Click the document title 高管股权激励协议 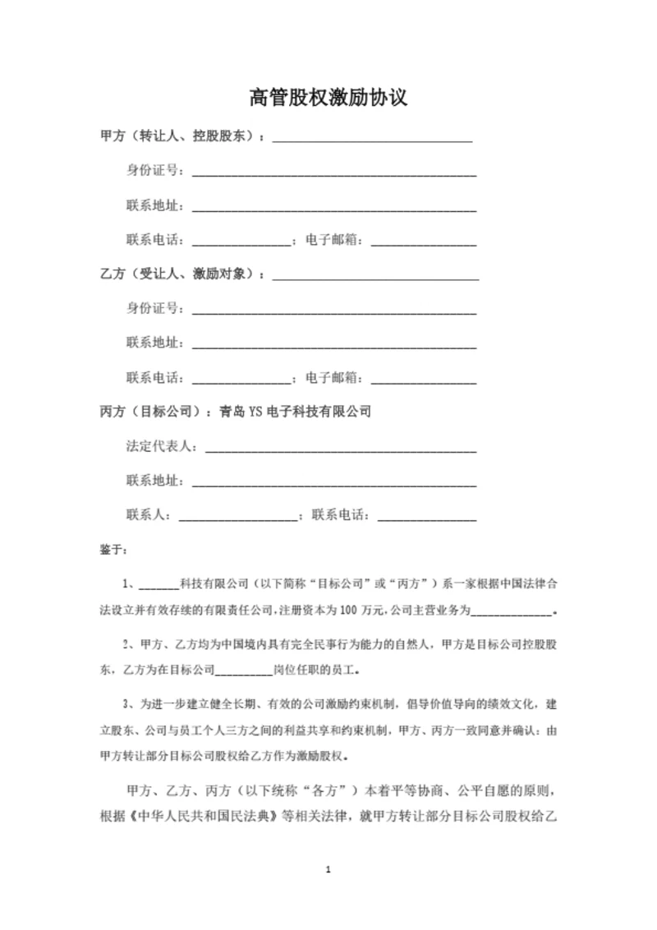coord(328,99)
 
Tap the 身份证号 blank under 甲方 coord(333,173)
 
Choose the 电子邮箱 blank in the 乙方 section coord(424,380)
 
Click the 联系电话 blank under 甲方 coord(241,242)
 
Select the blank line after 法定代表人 coord(340,449)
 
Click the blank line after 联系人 coord(238,518)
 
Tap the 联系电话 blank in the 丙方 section coord(425,518)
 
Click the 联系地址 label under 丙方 coord(154,481)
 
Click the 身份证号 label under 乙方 coord(154,309)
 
